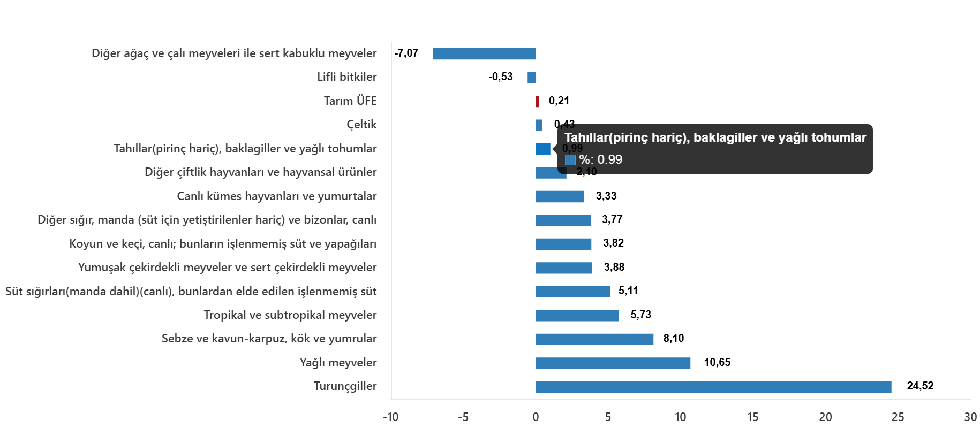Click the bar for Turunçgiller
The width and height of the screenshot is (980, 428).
point(713,387)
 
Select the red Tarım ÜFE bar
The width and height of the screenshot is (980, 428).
point(537,102)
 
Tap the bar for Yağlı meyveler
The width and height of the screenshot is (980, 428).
point(613,363)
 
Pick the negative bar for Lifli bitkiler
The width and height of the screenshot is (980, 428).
point(531,78)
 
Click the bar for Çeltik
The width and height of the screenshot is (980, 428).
point(539,125)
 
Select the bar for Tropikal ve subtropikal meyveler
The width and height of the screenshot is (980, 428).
point(577,316)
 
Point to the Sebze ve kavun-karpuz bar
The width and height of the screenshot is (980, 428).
point(594,339)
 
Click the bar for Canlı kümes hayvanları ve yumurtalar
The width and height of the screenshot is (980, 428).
point(560,196)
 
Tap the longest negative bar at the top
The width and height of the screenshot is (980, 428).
point(484,54)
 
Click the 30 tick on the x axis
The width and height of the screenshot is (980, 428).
point(970,417)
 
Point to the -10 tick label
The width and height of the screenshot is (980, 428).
point(390,417)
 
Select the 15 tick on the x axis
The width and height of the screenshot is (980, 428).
point(752,417)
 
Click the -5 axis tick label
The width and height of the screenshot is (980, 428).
point(463,417)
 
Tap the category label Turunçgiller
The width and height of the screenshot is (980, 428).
point(345,386)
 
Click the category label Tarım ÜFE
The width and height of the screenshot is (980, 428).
point(350,101)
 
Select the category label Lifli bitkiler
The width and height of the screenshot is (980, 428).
point(346,77)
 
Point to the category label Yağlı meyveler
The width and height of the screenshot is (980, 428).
point(338,363)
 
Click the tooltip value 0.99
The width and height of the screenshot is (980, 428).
point(609,159)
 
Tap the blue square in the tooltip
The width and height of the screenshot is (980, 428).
point(570,160)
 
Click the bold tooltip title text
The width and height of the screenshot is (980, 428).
point(715,138)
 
